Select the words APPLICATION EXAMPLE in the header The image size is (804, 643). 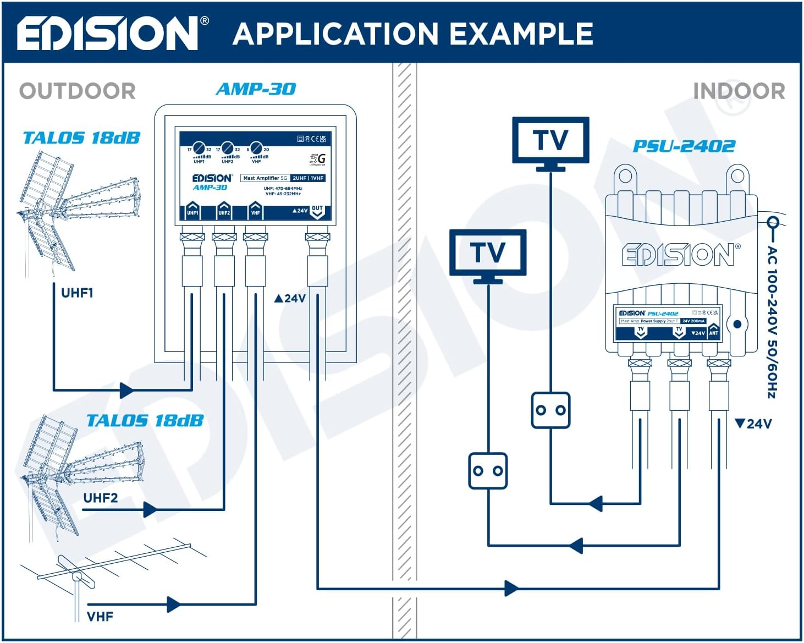412,34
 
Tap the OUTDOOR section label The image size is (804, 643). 78,91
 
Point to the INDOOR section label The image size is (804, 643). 739,91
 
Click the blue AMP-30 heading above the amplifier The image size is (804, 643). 256,89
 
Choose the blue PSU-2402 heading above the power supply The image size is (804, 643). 684,146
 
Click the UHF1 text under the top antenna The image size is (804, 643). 77,293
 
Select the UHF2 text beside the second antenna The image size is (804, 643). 100,498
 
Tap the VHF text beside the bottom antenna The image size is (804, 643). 100,616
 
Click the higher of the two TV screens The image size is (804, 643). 550,140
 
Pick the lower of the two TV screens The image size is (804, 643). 488,253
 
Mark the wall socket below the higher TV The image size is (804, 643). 550,410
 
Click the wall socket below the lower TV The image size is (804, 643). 488,471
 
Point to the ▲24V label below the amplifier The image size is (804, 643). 290,298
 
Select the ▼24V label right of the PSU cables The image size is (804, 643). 753,424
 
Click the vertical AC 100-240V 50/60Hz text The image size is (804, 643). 772,322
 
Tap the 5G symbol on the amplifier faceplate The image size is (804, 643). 318,159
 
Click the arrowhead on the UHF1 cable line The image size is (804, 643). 126,391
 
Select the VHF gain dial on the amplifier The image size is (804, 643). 256,149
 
